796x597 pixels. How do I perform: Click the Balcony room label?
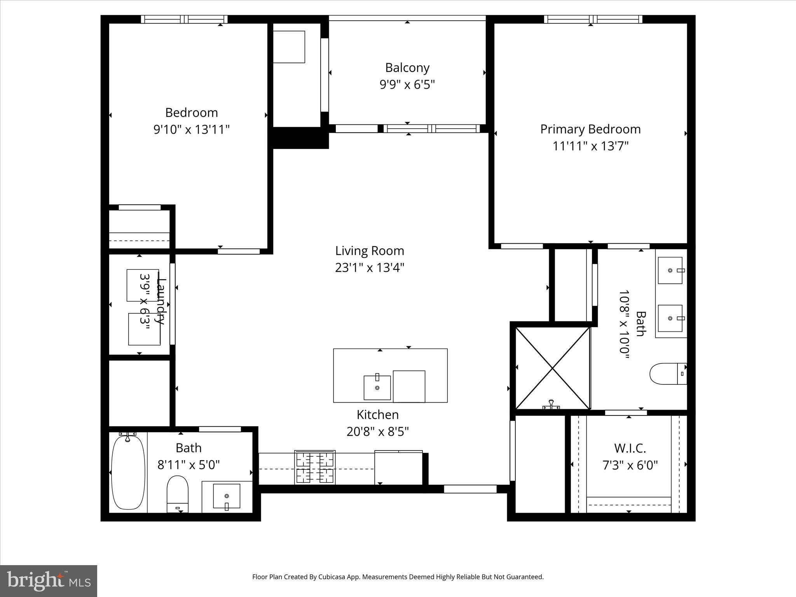click(x=407, y=68)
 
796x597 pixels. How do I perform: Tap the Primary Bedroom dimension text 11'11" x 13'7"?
click(x=590, y=146)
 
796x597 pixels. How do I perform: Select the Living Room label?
click(x=370, y=251)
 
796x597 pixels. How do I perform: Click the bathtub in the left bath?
click(x=128, y=472)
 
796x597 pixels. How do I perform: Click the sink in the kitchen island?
click(x=377, y=388)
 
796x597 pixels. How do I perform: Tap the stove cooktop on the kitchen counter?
click(x=315, y=468)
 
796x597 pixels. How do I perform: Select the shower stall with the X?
click(x=552, y=368)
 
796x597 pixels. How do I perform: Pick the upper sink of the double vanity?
click(x=670, y=270)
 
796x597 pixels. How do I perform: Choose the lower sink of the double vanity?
click(x=670, y=318)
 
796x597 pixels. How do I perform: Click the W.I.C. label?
click(x=630, y=448)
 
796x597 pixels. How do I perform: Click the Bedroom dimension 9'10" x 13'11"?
click(x=192, y=129)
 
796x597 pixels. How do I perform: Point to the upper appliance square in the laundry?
click(x=143, y=285)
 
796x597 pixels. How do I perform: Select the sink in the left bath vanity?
click(x=227, y=496)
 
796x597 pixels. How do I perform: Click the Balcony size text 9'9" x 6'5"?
click(x=407, y=84)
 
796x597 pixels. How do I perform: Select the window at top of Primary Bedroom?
click(x=593, y=19)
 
